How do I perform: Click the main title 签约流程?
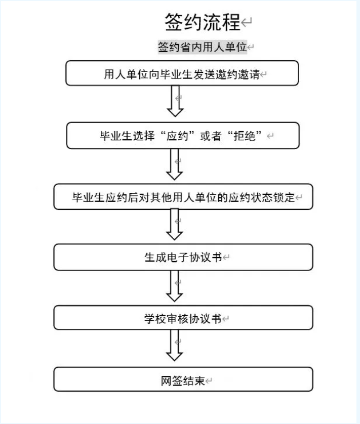203,22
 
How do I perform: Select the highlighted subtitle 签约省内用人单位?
202,47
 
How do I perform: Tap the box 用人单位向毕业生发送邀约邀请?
182,73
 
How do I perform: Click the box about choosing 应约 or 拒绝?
183,136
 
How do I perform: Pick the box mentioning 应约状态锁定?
183,197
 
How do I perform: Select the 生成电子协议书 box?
183,257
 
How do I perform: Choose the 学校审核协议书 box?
183,318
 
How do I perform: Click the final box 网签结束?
183,379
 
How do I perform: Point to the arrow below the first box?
175,101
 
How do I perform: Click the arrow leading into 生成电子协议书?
175,225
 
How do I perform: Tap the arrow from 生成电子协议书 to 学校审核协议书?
175,286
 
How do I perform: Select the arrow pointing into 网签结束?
175,345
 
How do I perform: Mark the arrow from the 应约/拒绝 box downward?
175,164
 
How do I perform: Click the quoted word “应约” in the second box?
177,136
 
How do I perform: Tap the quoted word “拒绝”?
245,136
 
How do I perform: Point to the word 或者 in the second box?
211,136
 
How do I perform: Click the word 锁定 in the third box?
284,197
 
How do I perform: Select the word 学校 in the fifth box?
155,319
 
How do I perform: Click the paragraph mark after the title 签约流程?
247,22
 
